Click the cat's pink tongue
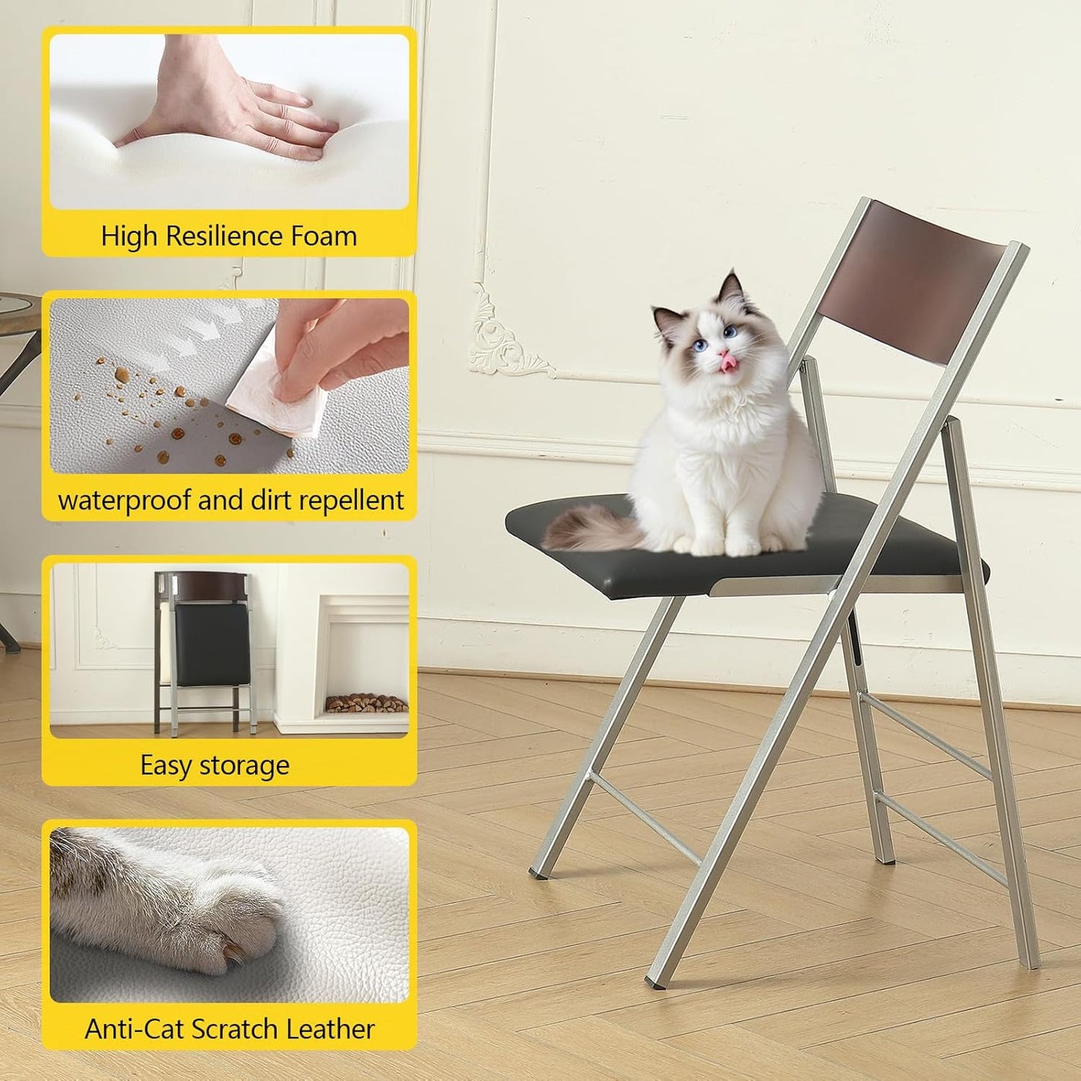(728, 364)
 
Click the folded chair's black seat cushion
(212, 645)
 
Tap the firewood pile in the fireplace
(366, 703)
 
